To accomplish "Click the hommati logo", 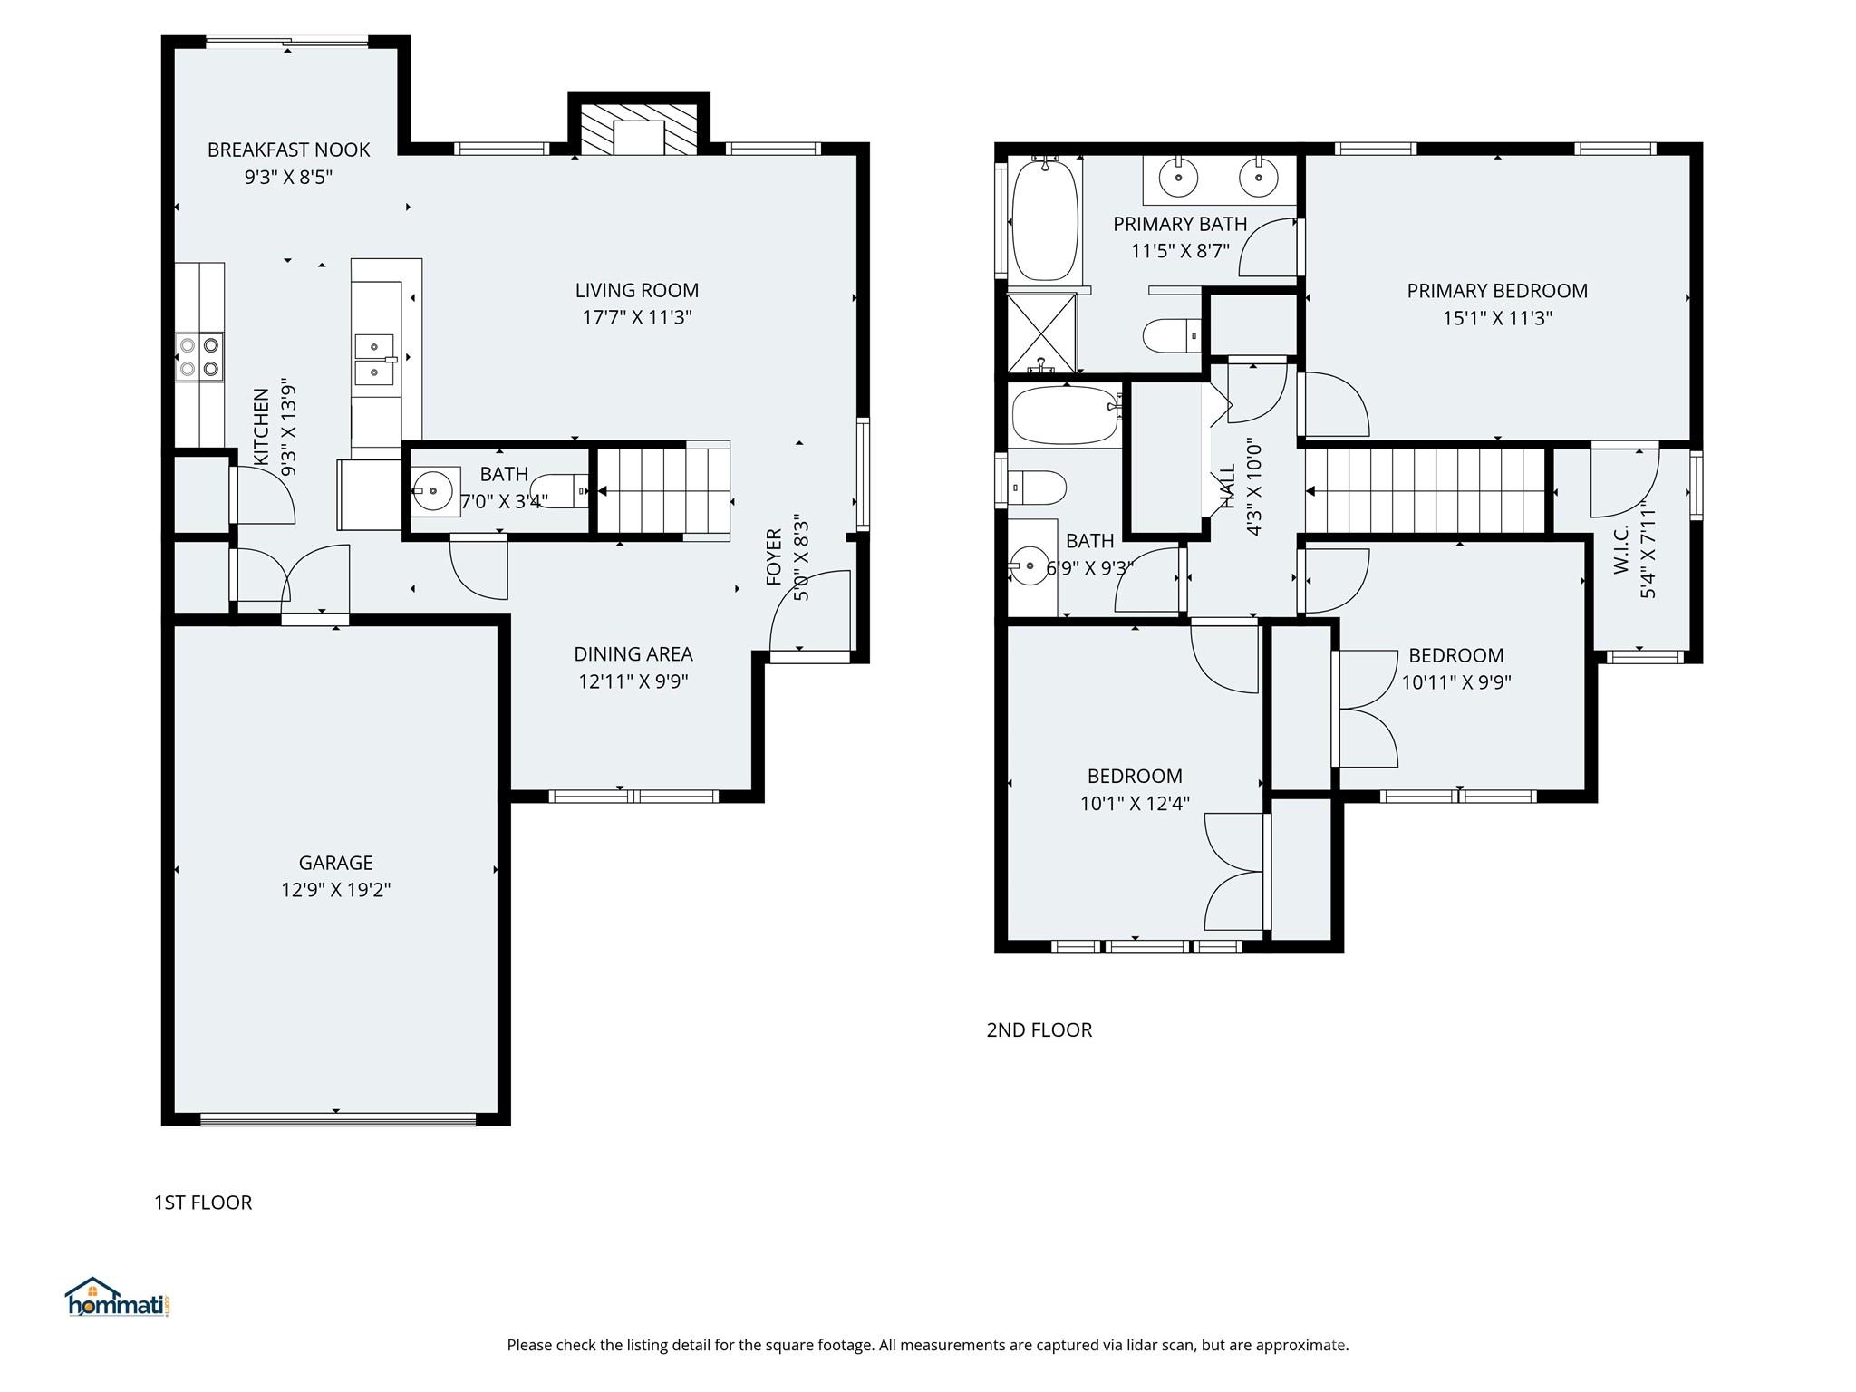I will click(117, 1299).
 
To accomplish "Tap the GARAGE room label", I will click(335, 862).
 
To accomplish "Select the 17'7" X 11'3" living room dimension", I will click(636, 317).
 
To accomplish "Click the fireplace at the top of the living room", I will click(639, 129).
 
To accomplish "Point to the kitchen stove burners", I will click(199, 356).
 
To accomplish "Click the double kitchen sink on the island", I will click(374, 359).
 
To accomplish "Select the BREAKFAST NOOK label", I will click(288, 150).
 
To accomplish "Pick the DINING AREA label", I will click(633, 653).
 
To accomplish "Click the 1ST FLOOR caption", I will click(203, 1202).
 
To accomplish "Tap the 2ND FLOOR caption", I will click(1039, 1029).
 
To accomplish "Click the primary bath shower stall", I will click(1042, 333).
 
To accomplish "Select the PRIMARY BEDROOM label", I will click(1496, 290).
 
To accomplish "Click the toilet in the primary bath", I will click(1170, 336).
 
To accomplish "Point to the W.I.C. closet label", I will click(1621, 548).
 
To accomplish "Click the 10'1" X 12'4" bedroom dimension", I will click(1135, 803).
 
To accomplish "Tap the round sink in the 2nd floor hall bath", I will click(1029, 567).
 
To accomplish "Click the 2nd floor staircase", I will click(1425, 491).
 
